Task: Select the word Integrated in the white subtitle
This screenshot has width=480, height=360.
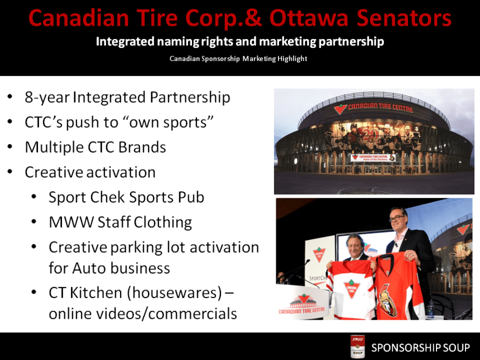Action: pyautogui.click(x=123, y=42)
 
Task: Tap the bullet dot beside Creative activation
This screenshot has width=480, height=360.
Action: pyautogui.click(x=11, y=172)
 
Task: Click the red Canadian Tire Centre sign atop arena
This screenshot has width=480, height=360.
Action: pyautogui.click(x=373, y=107)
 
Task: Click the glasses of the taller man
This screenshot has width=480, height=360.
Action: pyautogui.click(x=397, y=215)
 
